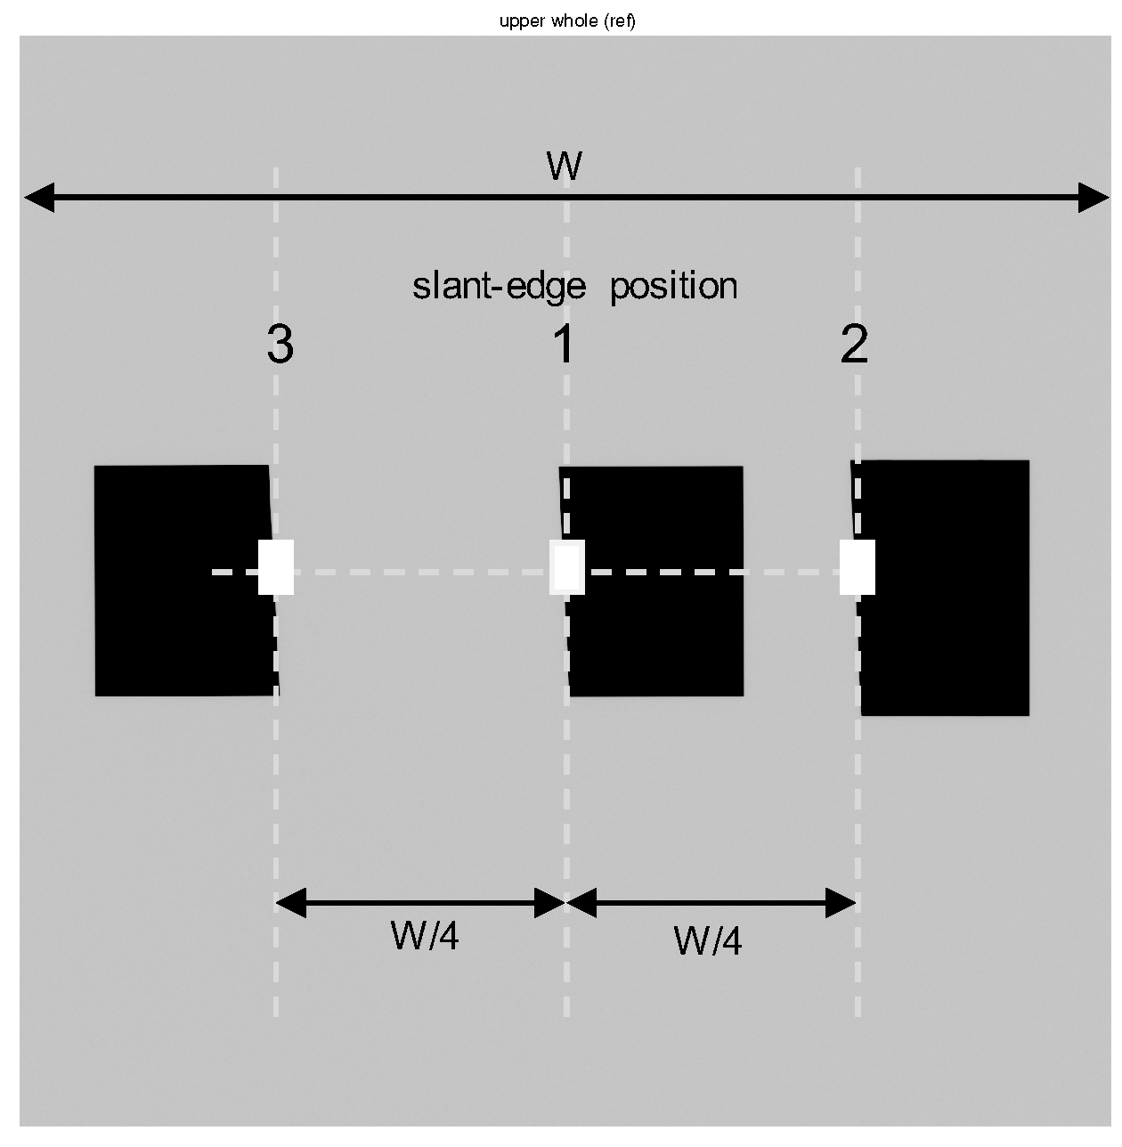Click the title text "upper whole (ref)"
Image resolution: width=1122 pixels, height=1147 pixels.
pos(567,21)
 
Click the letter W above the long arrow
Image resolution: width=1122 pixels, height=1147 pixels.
pos(565,167)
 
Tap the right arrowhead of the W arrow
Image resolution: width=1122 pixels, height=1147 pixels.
pos(1094,198)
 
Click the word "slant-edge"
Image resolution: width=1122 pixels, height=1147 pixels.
pos(499,287)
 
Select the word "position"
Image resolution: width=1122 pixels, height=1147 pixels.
pos(674,287)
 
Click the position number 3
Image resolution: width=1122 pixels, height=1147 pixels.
pos(280,345)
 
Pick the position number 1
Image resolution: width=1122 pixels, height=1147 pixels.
pos(565,345)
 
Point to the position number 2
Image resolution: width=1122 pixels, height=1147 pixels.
pos(854,345)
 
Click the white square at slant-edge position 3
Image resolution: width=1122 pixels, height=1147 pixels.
pos(276,567)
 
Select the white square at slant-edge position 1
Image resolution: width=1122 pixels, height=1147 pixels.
pos(567,567)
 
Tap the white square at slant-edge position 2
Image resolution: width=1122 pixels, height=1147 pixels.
pos(858,567)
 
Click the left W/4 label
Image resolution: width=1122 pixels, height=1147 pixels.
pos(425,936)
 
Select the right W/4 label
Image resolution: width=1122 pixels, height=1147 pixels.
pos(708,940)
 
